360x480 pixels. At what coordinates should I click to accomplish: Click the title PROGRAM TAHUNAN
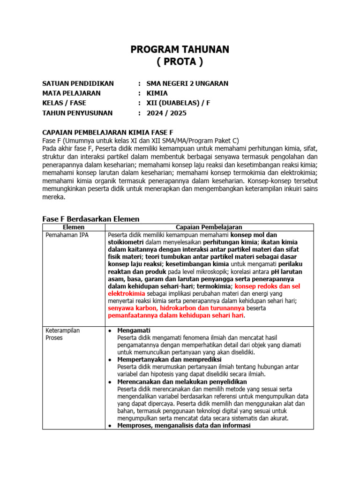180,50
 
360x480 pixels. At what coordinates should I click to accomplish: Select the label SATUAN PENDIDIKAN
78,83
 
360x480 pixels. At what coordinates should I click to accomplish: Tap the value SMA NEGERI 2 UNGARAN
187,83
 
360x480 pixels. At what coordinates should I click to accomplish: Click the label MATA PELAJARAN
71,93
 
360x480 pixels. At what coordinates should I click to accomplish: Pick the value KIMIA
157,93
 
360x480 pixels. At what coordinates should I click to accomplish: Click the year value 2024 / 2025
166,113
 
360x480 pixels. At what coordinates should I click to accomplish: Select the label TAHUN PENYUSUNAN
77,113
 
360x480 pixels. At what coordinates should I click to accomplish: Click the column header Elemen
73,227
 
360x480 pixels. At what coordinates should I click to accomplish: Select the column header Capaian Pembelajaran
209,227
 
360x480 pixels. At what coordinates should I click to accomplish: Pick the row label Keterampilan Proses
62,334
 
